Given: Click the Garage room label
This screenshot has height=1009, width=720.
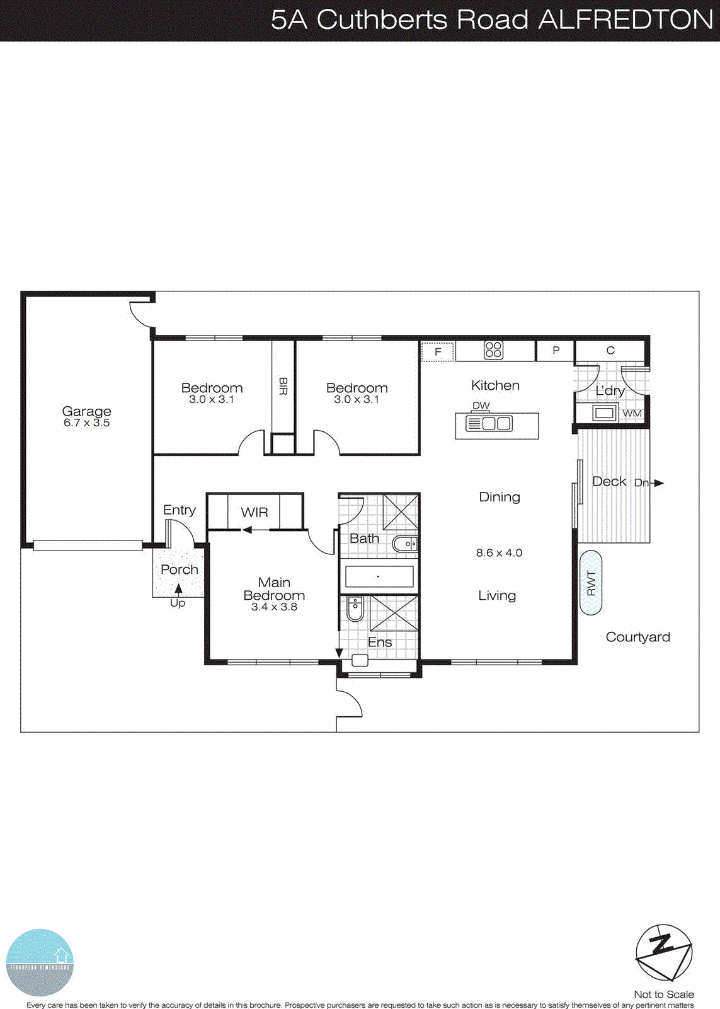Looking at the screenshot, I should pos(86,411).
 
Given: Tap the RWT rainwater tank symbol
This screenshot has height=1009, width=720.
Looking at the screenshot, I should pos(591,583).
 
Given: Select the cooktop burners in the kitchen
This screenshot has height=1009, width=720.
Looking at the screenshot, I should pos(493,350).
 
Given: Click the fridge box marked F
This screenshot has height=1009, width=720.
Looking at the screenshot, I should pos(437,352).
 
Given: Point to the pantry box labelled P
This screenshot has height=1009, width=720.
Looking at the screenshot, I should pos(556,350).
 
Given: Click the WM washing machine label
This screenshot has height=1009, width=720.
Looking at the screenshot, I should pos(632,414).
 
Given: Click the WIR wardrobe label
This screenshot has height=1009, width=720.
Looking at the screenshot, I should pos(254,512).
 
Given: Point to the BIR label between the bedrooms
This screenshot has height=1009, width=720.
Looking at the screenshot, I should pos(283,386).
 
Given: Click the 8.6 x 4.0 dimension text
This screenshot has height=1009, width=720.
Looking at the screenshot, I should pos(499,553).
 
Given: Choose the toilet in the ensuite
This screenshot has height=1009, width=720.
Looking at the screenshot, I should pos(355,609).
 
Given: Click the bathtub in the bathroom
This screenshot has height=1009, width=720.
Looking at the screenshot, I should pos(379,576).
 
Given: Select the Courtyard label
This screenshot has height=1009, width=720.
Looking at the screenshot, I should pos(637,637).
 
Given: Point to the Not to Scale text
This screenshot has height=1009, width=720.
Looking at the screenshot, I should pos(663,994).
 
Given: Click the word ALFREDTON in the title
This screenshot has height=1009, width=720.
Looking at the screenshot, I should pos(625,20).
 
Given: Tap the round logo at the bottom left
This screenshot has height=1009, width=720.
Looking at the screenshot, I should pos(40,962).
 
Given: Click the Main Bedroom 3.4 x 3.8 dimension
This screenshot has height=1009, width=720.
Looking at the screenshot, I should pos(274,607).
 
